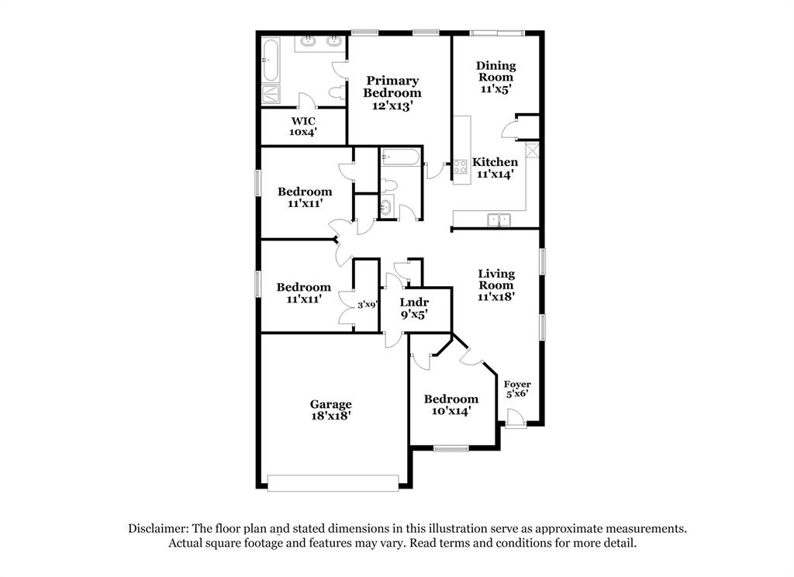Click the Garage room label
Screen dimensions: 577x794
click(331, 404)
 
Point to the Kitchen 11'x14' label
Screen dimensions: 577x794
click(495, 168)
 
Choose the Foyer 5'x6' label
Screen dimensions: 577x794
click(517, 389)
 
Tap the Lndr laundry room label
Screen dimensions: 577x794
click(414, 308)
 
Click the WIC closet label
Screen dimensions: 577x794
click(303, 126)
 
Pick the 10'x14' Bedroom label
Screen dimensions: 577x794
click(451, 405)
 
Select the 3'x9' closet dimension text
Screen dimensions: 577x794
click(367, 305)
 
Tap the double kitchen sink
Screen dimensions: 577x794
click(499, 220)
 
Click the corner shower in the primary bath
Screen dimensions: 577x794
click(271, 94)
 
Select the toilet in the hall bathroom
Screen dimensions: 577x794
click(390, 185)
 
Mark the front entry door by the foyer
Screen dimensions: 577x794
click(515, 423)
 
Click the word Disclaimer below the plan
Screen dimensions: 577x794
click(157, 528)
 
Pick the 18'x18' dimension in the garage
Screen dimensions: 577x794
click(331, 416)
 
